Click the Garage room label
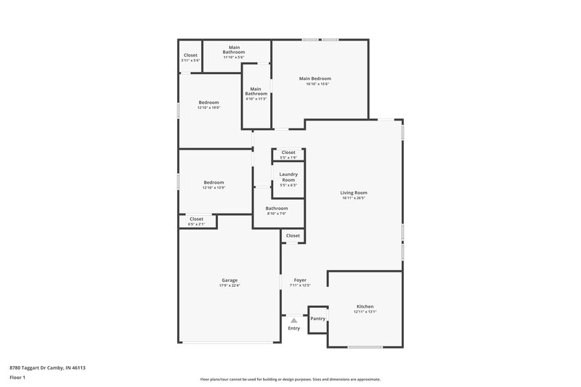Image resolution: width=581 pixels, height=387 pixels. click(x=229, y=280)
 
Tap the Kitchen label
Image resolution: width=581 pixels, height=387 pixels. click(x=365, y=306)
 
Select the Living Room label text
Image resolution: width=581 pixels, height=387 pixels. click(x=354, y=192)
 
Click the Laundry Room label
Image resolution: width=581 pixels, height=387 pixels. click(x=288, y=176)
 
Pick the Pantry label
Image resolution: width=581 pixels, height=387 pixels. click(x=317, y=318)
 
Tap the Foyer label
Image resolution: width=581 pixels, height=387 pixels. click(x=299, y=280)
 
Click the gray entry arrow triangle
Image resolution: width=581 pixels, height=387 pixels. click(x=293, y=319)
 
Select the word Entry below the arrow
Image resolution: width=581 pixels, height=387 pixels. click(x=293, y=328)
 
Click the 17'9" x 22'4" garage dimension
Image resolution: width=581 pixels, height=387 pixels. click(x=229, y=286)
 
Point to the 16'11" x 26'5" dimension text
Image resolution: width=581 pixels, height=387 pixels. click(x=354, y=198)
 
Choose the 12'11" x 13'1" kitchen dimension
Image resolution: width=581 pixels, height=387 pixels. click(x=365, y=312)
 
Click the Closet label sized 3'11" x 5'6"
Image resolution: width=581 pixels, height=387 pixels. click(x=190, y=55)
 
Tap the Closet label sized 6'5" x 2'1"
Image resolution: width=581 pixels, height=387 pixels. click(x=196, y=219)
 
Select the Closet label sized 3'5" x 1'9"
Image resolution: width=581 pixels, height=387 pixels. click(x=288, y=152)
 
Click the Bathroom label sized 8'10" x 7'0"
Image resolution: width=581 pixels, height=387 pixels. click(x=277, y=208)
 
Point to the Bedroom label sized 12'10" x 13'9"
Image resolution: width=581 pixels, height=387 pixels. click(x=214, y=182)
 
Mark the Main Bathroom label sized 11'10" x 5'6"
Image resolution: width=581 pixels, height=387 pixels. click(x=234, y=50)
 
